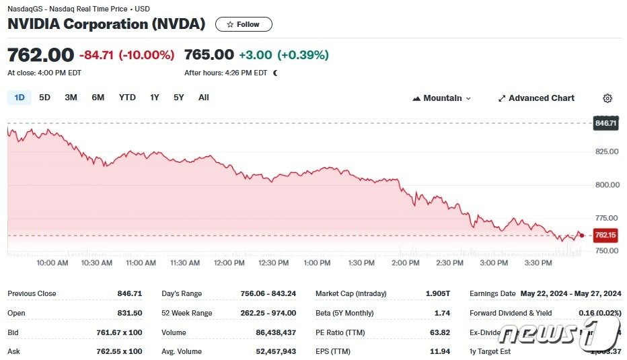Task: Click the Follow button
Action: click(243, 24)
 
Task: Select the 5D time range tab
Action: click(44, 98)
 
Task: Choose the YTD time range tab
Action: click(127, 98)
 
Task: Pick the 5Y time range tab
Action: click(178, 98)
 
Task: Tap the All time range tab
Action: click(203, 98)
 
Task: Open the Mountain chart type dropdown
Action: click(442, 98)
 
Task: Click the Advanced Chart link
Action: click(536, 98)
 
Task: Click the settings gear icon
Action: click(607, 98)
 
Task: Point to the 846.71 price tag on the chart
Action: click(605, 123)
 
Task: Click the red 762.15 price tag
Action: click(605, 235)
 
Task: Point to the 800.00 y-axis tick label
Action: click(607, 184)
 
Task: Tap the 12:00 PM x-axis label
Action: click(229, 262)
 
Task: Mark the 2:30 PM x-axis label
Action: click(449, 262)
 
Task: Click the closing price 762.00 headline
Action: click(40, 55)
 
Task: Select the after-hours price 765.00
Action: click(209, 55)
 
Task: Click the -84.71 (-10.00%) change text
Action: click(126, 55)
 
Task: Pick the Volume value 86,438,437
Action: click(268, 332)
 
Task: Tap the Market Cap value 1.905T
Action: click(437, 293)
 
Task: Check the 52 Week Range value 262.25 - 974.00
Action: click(268, 313)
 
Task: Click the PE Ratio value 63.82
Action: click(440, 332)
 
